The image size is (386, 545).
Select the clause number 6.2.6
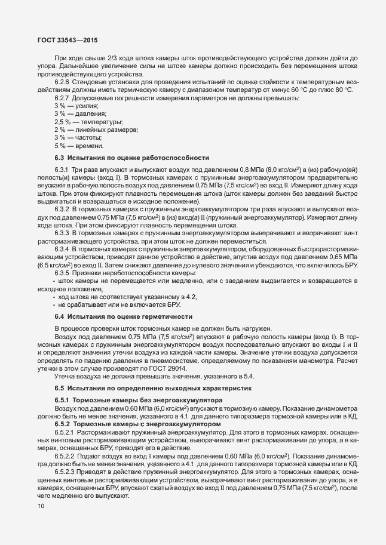[x=63, y=82]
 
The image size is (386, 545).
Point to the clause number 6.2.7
[x=63, y=97]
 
